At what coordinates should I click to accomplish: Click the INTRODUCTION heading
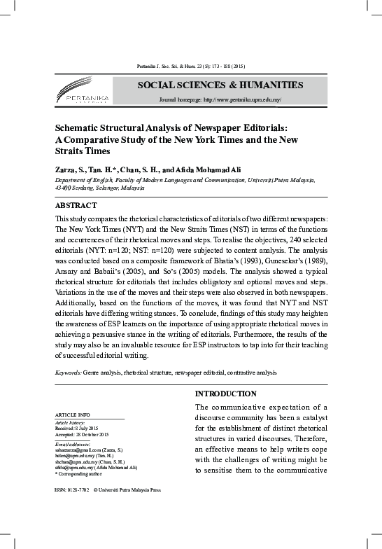[225, 394]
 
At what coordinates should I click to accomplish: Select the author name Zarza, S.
[72, 169]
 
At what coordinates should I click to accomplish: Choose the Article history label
[69, 423]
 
